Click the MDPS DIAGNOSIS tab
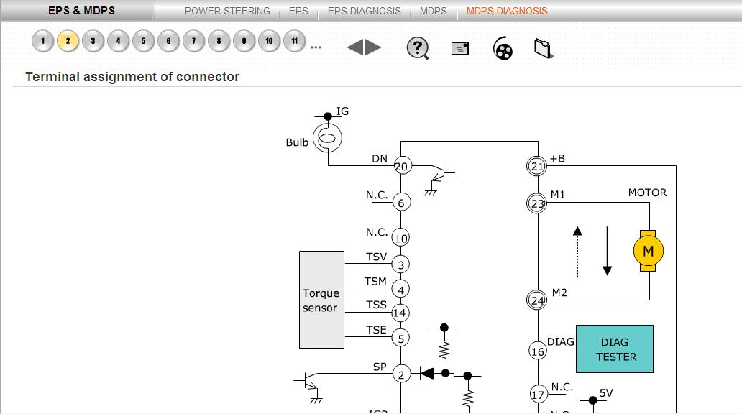pos(506,11)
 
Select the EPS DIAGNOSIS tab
pos(364,11)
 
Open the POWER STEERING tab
pos(227,11)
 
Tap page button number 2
pos(68,41)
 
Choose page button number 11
pos(294,41)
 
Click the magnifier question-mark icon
pos(417,48)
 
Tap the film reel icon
pos(503,49)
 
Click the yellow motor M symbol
pos(648,251)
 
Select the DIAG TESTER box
pos(615,349)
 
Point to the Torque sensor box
pos(321,300)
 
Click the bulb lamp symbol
pos(328,139)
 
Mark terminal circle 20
pos(401,166)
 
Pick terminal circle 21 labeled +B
pos(538,166)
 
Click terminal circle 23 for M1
pos(538,203)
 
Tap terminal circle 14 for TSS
pos(400,313)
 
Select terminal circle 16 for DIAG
pos(538,351)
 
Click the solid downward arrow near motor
pos(607,251)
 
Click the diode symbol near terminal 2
pos(427,373)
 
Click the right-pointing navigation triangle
pos(374,48)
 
